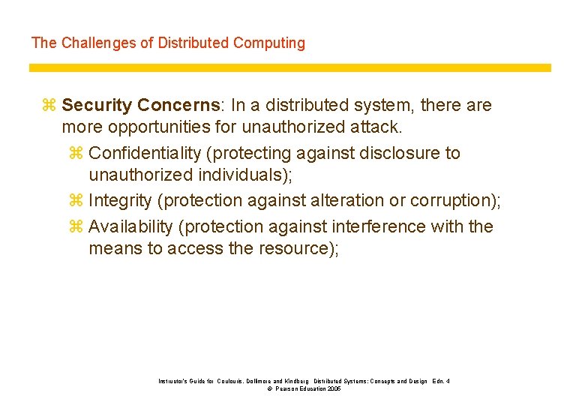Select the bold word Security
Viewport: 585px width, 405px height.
pyautogui.click(x=97, y=106)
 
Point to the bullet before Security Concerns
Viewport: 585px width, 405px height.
pyautogui.click(x=49, y=106)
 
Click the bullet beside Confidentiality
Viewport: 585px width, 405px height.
pyautogui.click(x=76, y=154)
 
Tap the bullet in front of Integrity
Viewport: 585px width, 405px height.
pyautogui.click(x=76, y=201)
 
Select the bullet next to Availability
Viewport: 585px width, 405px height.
pyautogui.click(x=76, y=226)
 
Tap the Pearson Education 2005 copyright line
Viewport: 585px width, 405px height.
pyautogui.click(x=304, y=389)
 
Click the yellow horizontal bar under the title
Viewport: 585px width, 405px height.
pyautogui.click(x=289, y=67)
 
